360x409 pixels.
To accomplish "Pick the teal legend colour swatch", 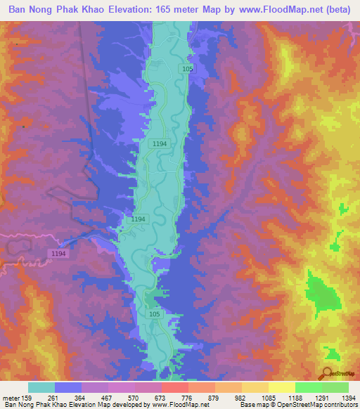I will tap(41, 387).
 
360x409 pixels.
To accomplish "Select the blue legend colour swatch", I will tap(68, 387).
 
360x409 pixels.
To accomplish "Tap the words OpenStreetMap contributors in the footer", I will tap(321, 404).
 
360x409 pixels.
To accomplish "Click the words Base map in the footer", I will tap(252, 404).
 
